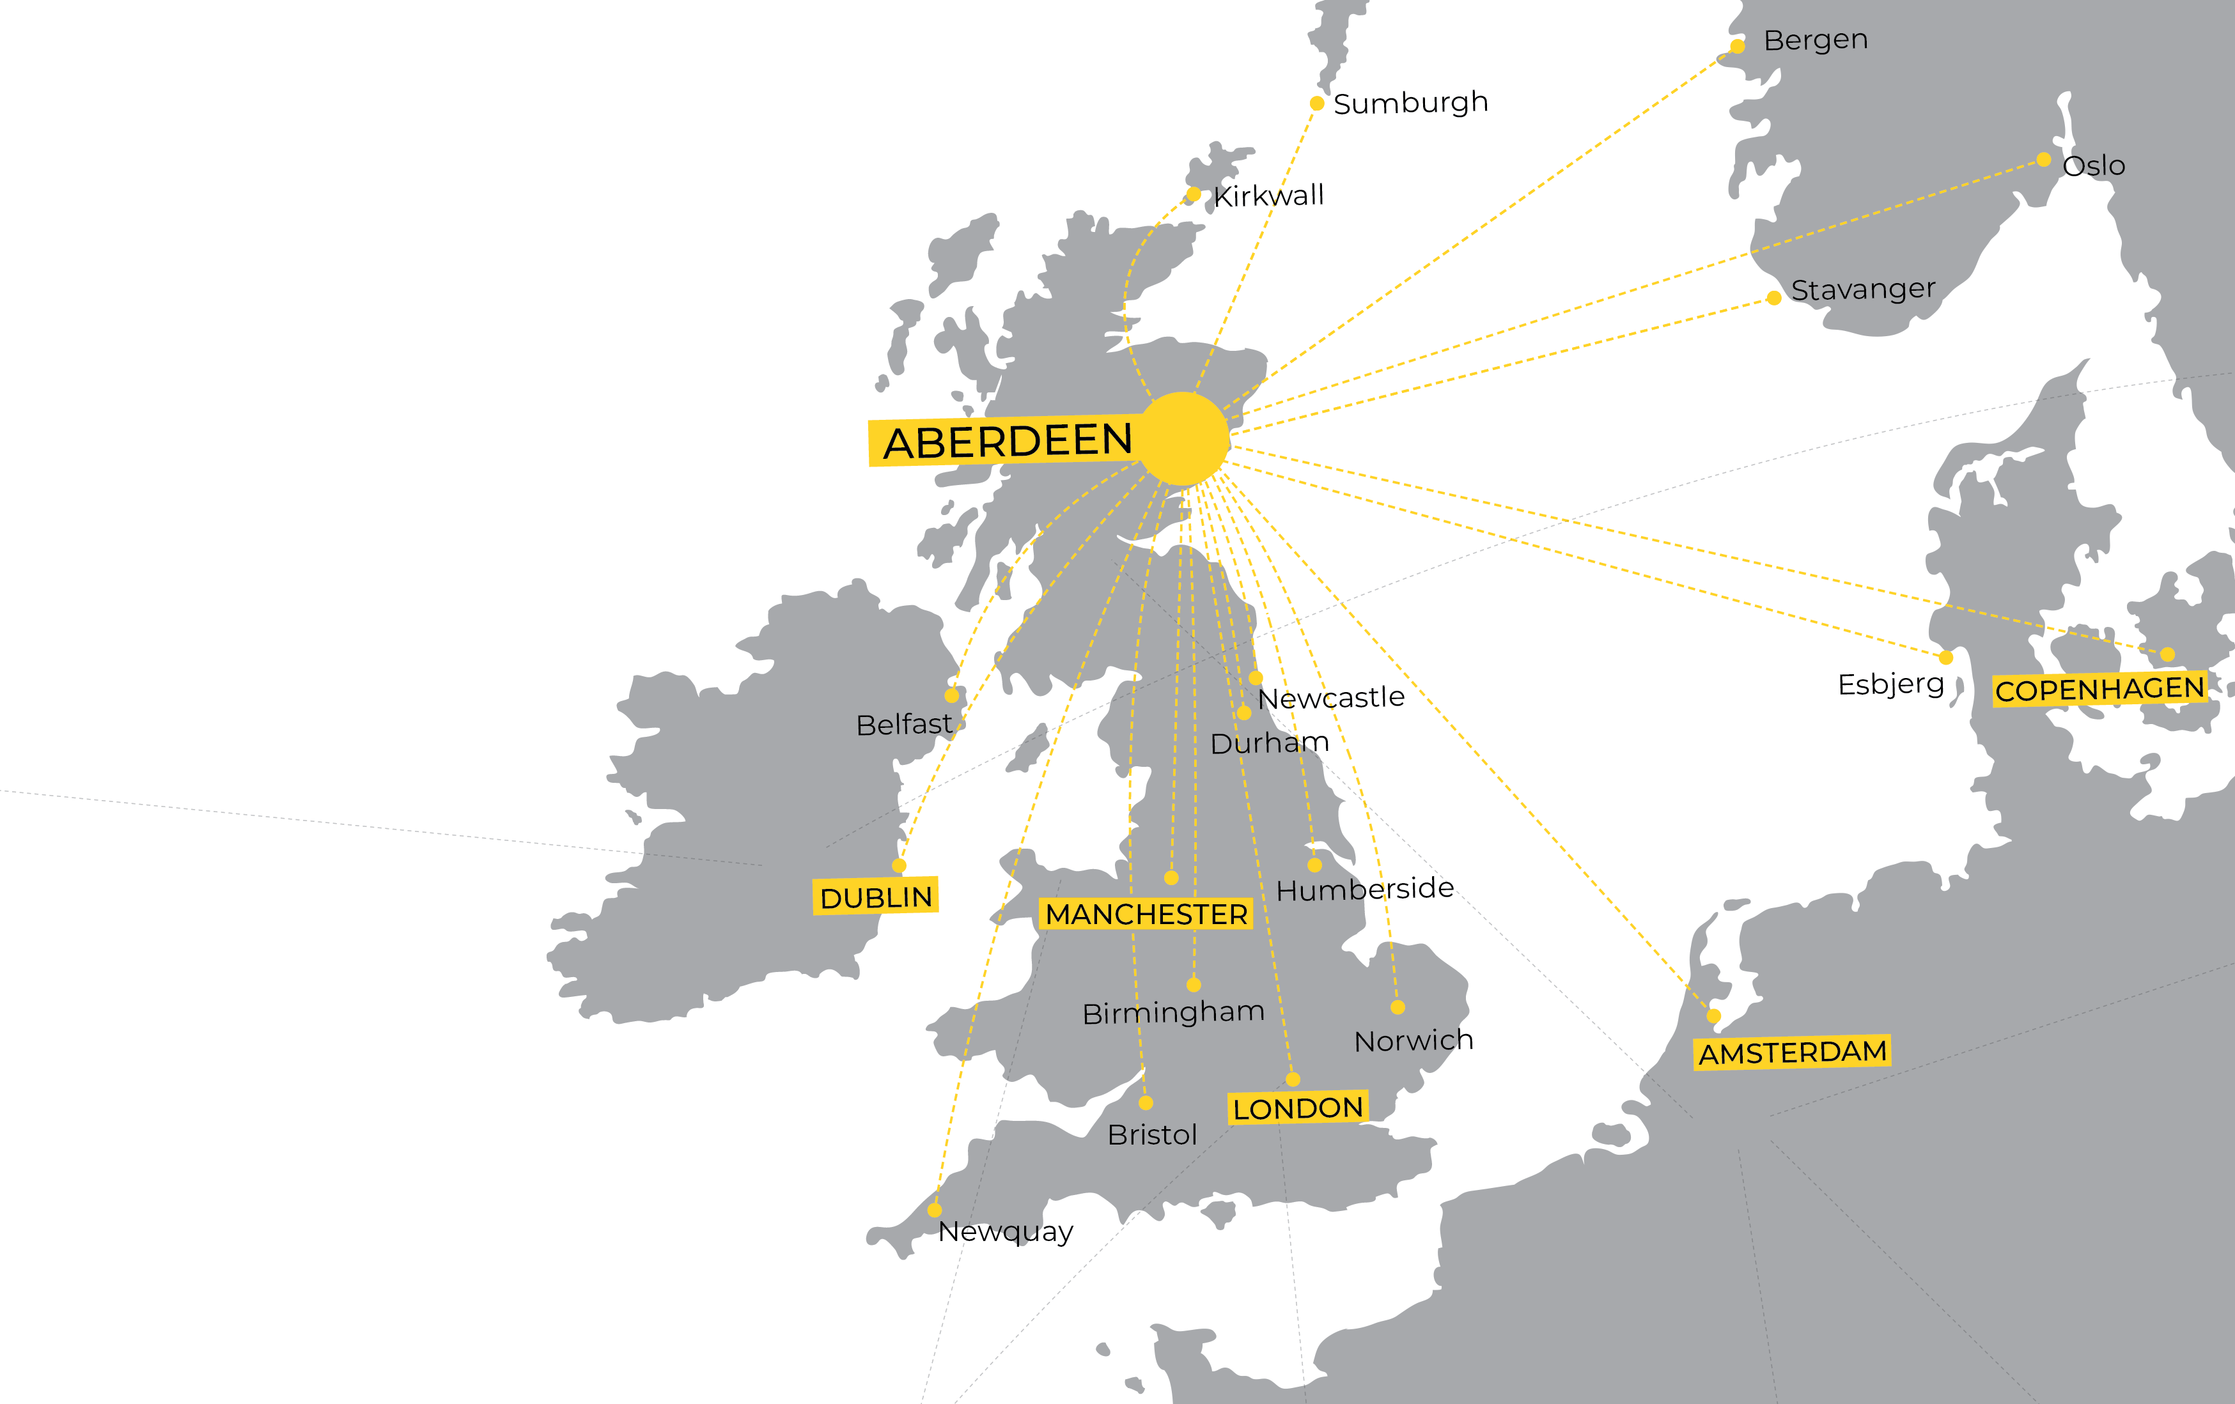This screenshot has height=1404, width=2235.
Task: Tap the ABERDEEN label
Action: (1007, 441)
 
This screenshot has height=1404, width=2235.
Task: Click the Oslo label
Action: (2093, 166)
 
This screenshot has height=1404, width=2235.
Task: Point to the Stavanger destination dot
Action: (1773, 298)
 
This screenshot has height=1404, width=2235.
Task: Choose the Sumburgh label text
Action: (1410, 103)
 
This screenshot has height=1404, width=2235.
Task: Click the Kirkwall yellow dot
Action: (1194, 194)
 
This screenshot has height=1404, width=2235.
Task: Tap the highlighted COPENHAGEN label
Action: (2099, 690)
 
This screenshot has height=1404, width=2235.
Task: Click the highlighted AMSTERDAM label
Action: (1792, 1053)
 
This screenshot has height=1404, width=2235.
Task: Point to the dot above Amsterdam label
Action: (1713, 1016)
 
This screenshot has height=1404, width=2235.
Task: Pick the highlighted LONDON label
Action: (1298, 1108)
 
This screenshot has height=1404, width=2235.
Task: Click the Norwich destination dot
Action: (1398, 1007)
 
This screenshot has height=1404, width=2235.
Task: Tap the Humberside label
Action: (1364, 889)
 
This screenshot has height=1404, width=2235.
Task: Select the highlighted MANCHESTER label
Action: (1146, 914)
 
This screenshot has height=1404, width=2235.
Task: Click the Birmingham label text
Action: (1173, 1012)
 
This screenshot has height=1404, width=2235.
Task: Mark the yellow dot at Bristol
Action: (1146, 1102)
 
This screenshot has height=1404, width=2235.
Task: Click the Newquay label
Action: (1005, 1231)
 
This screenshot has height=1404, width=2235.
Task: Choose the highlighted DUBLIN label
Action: (875, 897)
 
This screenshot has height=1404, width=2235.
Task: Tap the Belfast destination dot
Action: (951, 695)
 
